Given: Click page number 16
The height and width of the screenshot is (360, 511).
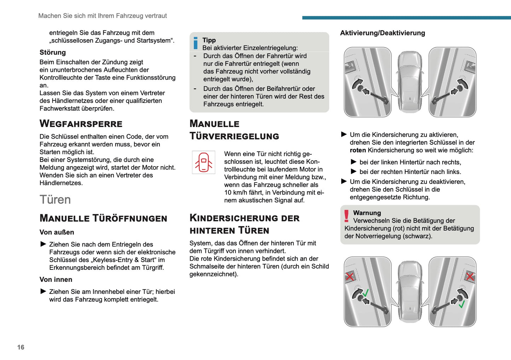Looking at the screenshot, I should coord(21,347).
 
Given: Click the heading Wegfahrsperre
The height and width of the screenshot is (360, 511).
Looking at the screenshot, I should coord(81,124).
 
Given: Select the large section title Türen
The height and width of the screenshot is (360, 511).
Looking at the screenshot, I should coord(55,199).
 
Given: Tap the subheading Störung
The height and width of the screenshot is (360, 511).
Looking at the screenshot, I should coord(53,52).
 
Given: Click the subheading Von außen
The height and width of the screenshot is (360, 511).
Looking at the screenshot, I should coord(57,232).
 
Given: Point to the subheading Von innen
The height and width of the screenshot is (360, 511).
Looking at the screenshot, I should coord(56,279).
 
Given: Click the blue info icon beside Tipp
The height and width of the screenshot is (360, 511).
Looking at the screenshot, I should coord(196,43).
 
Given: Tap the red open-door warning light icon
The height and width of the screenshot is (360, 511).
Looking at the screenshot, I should coord(204,162).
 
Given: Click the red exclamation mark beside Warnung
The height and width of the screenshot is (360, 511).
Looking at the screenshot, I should coord(347,216).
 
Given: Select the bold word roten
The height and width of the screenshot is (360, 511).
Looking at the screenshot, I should coord(358,150).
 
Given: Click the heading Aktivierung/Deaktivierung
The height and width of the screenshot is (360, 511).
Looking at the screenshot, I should coord(383,33).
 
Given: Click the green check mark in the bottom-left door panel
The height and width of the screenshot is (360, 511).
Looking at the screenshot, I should coord(366,293).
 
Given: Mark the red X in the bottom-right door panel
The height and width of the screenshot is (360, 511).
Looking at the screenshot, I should coord(470,276).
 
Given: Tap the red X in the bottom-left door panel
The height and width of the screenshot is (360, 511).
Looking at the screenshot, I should coord(350,276).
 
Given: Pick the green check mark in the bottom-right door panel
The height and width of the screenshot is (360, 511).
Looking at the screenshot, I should coord(461,304).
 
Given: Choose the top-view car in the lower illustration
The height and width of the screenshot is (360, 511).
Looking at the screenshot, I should coord(410,291).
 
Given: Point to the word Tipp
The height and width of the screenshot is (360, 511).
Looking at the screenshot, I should coord(209,40).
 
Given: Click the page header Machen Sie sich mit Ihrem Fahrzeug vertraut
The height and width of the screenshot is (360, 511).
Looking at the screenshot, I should coord(103,16).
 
